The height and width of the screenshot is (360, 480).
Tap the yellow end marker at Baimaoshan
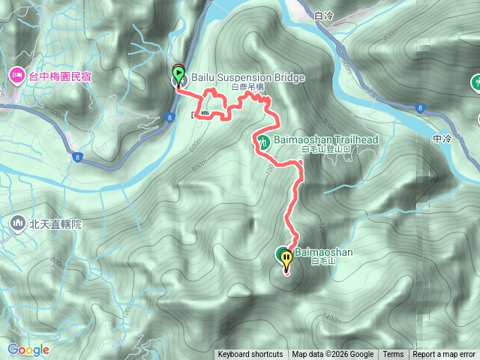pos(287,259)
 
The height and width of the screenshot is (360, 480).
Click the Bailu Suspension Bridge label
pos(237,77)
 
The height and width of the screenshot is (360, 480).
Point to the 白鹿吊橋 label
pos(248,88)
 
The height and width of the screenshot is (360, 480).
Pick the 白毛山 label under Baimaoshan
pos(307,264)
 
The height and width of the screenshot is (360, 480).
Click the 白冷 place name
pos(324,15)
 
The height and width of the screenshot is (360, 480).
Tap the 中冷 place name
pos(442,139)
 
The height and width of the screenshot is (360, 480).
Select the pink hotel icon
pos(16,75)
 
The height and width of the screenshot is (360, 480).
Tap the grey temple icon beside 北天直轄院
pos(18,223)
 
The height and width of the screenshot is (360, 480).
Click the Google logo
pos(28,349)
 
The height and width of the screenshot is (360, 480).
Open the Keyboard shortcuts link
pos(250,355)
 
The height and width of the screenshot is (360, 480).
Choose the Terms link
pos(393,355)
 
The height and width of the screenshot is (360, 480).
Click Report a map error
pos(444,355)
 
